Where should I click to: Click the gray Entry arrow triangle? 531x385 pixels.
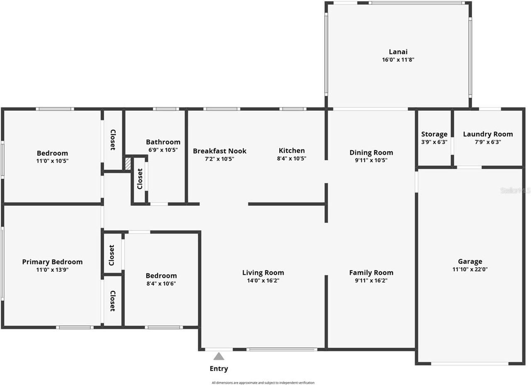tap(219, 356)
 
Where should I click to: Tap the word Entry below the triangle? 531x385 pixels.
tap(219, 368)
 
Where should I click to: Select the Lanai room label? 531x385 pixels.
tap(398, 52)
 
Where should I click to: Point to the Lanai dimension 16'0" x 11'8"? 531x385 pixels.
tap(398, 60)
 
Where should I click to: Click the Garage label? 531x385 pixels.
tap(470, 261)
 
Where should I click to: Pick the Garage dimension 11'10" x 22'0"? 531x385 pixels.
tap(470, 269)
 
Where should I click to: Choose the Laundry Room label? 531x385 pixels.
tap(487, 134)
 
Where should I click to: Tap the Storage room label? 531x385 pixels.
tap(434, 134)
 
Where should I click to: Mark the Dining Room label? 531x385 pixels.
tap(371, 152)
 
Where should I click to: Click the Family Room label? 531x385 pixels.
tap(371, 273)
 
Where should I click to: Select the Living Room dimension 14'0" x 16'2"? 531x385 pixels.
tap(263, 280)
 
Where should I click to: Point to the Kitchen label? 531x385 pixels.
tap(292, 151)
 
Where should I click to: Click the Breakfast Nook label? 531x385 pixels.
tap(219, 151)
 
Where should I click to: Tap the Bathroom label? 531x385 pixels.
tap(163, 142)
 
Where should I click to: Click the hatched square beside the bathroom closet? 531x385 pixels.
tap(128, 163)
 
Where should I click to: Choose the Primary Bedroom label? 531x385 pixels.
tap(52, 262)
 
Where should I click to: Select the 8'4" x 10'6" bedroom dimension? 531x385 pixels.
tap(161, 284)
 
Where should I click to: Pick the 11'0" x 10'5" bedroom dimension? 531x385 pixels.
tap(52, 161)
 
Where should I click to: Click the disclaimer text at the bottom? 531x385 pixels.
tap(263, 383)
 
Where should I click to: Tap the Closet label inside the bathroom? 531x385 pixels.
tap(140, 179)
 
